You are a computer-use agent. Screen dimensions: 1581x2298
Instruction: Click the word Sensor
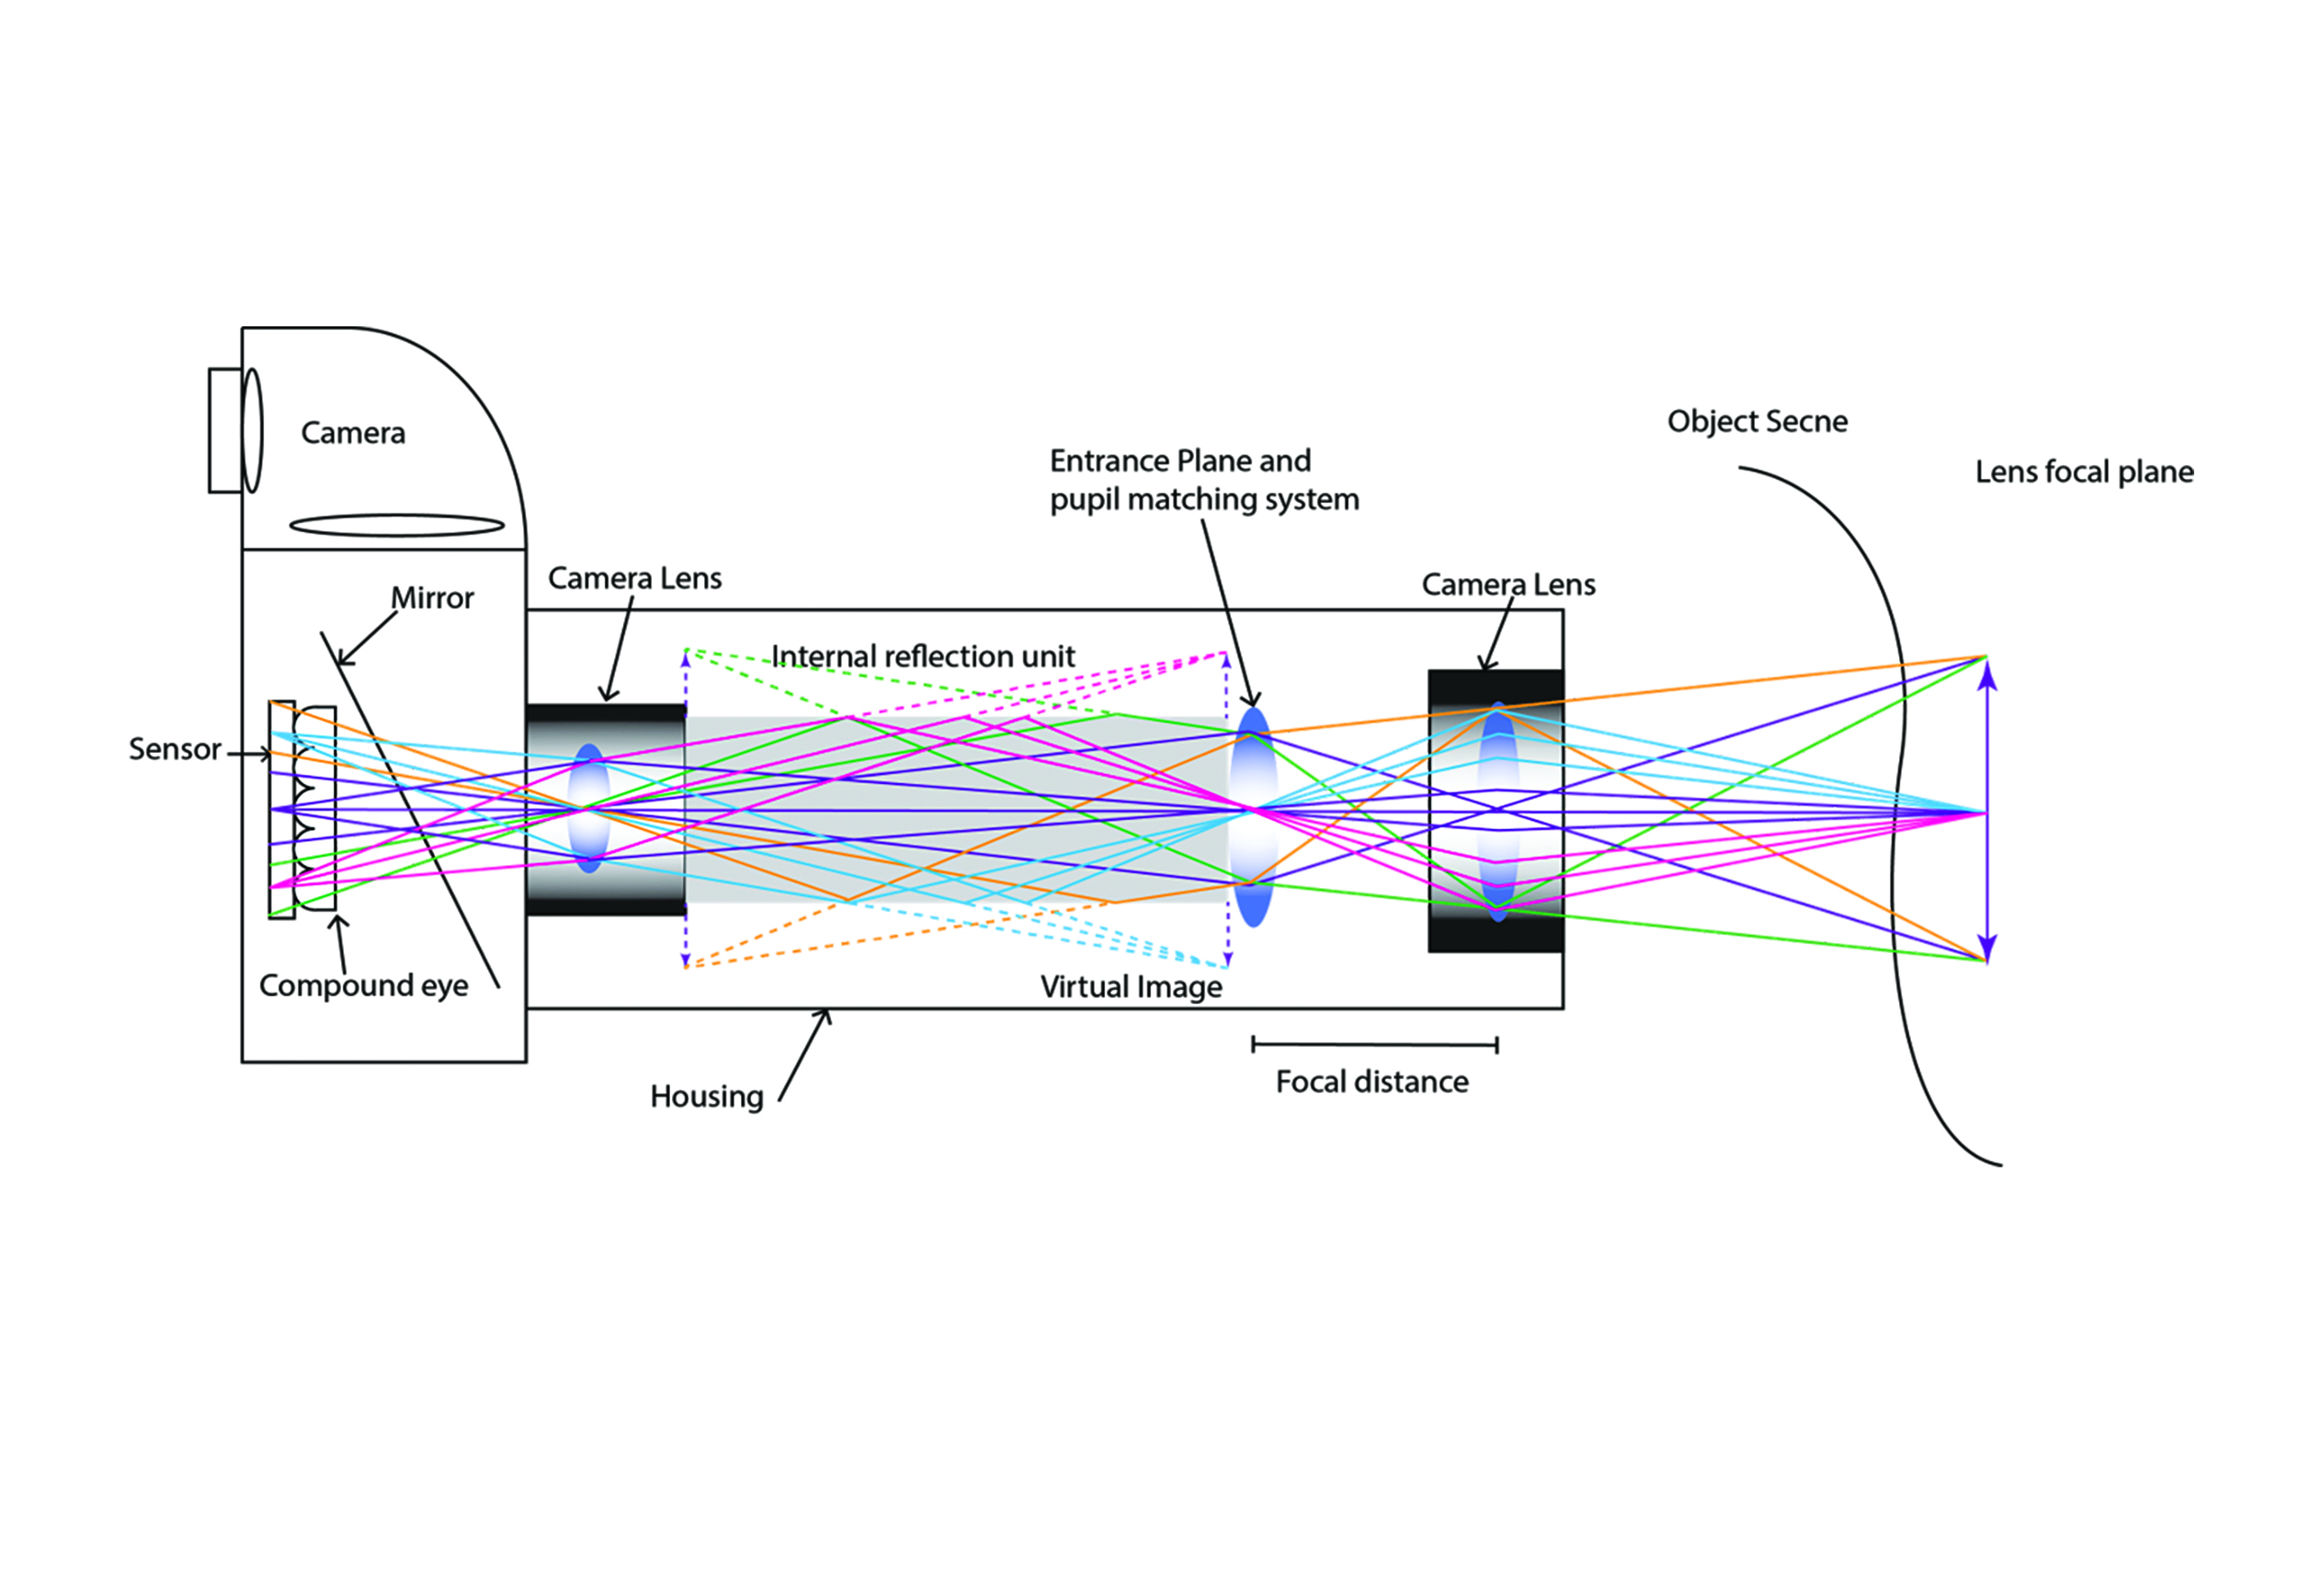(x=175, y=749)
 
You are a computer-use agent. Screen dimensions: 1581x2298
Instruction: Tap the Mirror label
(x=432, y=598)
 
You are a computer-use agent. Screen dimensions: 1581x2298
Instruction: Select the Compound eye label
(x=363, y=985)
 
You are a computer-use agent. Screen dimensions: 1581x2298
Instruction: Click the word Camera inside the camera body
(x=353, y=433)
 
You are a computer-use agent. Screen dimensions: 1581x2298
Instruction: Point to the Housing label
(x=706, y=1097)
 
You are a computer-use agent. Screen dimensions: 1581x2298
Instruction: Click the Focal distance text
(x=1371, y=1082)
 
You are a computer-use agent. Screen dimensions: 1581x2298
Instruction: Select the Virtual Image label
(x=1131, y=986)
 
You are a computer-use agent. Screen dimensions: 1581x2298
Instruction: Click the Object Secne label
(x=1757, y=421)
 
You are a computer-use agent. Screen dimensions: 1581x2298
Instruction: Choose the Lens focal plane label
(x=2083, y=472)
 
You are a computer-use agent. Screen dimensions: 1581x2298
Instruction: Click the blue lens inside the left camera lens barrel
(x=589, y=808)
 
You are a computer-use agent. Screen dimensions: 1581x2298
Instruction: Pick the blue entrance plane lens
(x=1253, y=816)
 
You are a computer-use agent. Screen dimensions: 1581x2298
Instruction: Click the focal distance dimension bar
(x=1374, y=1044)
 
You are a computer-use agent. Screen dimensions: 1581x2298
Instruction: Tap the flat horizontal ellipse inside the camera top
(x=396, y=525)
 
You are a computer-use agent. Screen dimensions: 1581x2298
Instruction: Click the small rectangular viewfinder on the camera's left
(x=225, y=430)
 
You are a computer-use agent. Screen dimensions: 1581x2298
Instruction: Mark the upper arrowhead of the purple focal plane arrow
(x=1986, y=677)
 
